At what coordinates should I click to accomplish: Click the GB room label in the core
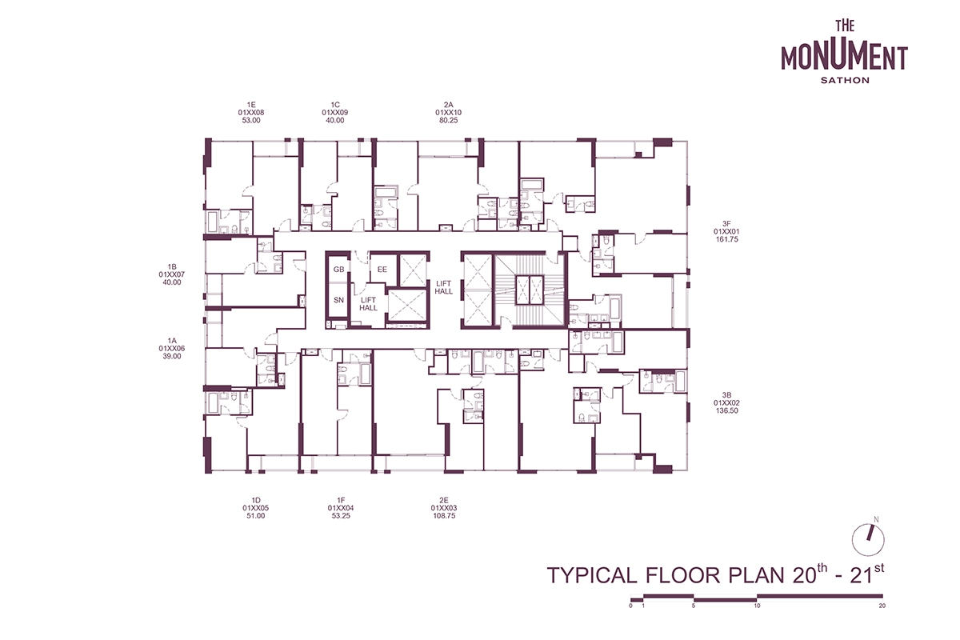[x=338, y=270]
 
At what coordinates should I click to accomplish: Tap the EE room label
[x=382, y=270]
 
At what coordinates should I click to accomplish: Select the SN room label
[x=338, y=300]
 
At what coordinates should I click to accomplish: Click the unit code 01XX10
[x=448, y=112]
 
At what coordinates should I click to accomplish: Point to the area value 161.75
[x=726, y=239]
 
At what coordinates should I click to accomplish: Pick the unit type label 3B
[x=726, y=395]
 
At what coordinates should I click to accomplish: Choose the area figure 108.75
[x=444, y=516]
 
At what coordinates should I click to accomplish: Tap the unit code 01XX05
[x=255, y=508]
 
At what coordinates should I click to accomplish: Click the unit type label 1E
[x=251, y=105]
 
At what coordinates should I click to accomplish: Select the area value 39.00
[x=171, y=356]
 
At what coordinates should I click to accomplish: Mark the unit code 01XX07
[x=172, y=274]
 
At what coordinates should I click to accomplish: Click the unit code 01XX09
[x=334, y=112]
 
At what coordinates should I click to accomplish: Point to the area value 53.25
[x=341, y=516]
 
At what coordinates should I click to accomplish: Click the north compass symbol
[x=868, y=540]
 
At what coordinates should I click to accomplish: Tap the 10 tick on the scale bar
[x=757, y=606]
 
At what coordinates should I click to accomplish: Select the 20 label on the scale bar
[x=882, y=606]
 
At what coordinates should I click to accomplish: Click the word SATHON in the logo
[x=845, y=80]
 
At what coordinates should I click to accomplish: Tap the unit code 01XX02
[x=726, y=402]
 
